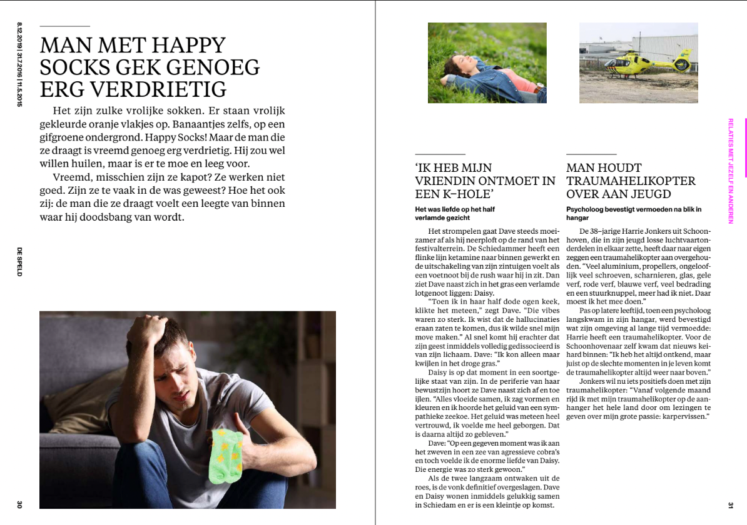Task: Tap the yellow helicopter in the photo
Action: point(663,62)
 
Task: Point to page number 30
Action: point(19,504)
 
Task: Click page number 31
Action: point(729,504)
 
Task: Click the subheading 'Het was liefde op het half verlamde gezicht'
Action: point(455,213)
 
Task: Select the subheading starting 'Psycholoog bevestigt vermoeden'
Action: point(634,213)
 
